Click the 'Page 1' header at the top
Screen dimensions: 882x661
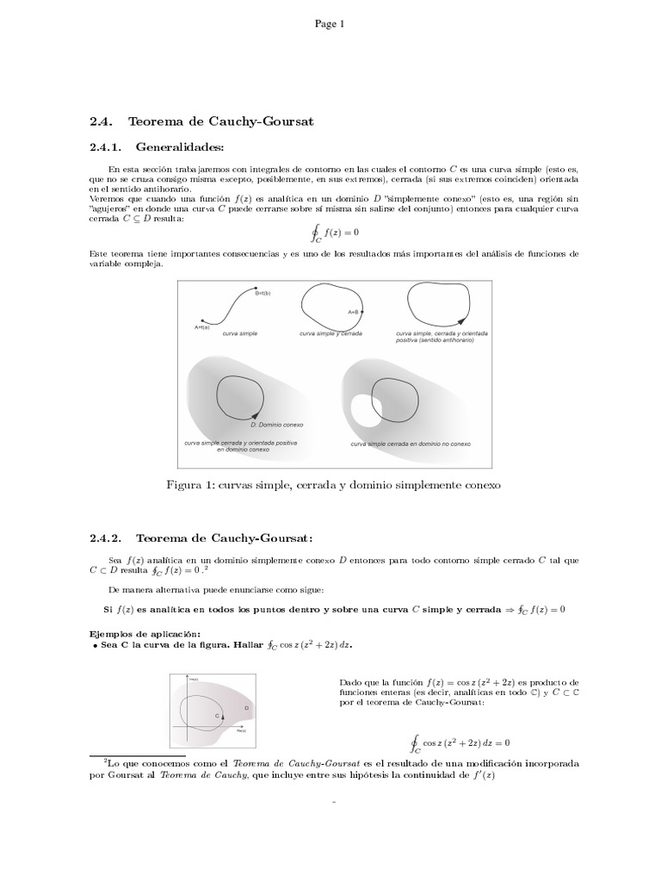330,24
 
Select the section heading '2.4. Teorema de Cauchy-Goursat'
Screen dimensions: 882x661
201,121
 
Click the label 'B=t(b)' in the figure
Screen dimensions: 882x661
263,294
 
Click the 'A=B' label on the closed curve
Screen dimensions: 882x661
353,312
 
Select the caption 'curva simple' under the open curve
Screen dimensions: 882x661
239,332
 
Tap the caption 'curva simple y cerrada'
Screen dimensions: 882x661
330,332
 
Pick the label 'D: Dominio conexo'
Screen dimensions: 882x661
276,425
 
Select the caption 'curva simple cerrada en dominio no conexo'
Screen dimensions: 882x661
411,444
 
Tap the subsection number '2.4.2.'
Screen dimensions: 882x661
108,538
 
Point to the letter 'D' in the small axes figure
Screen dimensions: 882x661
246,708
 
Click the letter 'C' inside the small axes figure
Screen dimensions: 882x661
216,716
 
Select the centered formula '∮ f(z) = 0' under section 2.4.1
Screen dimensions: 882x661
333,234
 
